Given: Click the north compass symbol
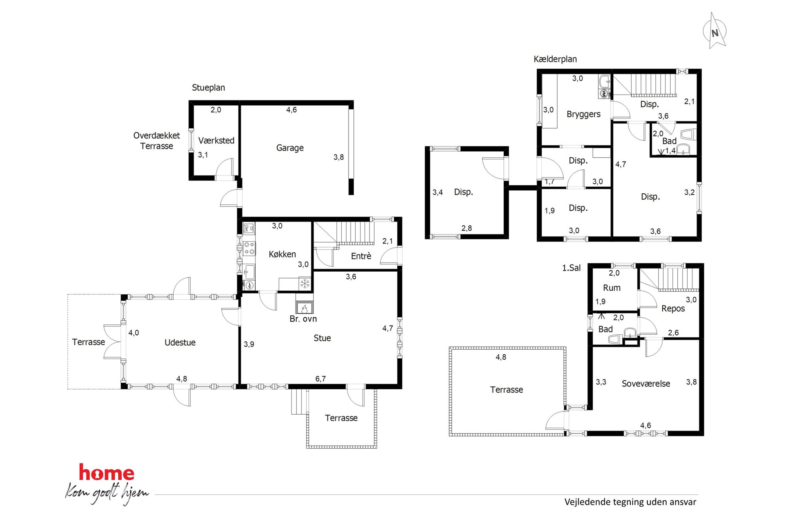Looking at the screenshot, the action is click(x=715, y=31).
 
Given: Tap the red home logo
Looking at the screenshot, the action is click(x=106, y=473).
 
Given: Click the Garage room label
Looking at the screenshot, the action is click(x=290, y=148).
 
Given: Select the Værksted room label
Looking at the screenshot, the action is click(x=216, y=141).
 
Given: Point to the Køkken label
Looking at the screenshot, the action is click(x=282, y=254).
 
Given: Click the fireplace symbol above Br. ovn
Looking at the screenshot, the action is click(x=304, y=308).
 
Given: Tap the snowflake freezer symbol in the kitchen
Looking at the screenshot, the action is click(x=305, y=284).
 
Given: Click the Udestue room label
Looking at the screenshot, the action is click(x=180, y=343).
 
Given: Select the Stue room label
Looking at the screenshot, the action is click(x=322, y=338).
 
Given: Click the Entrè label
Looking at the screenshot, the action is click(x=361, y=256).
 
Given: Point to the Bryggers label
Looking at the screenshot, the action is click(x=583, y=114).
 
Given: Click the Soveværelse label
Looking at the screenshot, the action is click(x=646, y=384).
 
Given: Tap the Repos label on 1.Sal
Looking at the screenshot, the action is click(x=673, y=309).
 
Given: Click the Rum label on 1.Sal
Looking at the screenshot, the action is click(x=612, y=288).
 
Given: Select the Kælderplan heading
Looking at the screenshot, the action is click(x=555, y=59).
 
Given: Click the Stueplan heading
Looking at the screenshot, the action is click(x=209, y=88).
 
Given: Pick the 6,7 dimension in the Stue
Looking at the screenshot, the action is click(x=320, y=379).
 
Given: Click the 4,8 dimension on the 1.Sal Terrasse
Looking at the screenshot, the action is click(x=501, y=357).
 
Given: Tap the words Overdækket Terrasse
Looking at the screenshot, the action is click(x=157, y=141).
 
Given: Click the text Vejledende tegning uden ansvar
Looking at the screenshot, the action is click(x=630, y=502).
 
